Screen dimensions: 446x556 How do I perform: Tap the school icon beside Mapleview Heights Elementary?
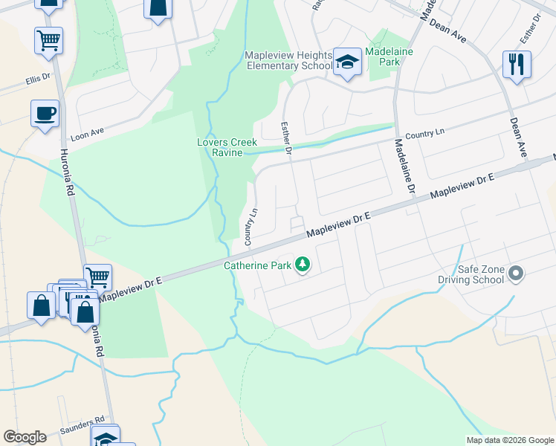347,62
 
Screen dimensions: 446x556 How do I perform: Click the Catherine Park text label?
259,264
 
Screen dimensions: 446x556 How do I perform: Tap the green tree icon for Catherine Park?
303,264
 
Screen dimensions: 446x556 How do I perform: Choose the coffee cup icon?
45,114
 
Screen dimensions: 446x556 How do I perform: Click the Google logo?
25,437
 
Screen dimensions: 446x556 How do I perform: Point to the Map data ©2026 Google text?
509,440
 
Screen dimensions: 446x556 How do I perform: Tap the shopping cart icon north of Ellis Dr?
48,40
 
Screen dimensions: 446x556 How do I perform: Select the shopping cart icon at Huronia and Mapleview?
97,277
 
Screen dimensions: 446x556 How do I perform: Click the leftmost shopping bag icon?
41,306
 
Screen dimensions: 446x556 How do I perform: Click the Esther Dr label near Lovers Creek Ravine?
286,138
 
